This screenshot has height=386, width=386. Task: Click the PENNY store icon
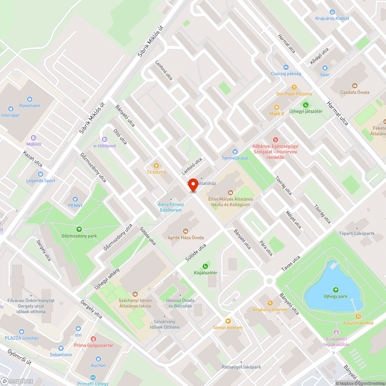[x=75, y=199]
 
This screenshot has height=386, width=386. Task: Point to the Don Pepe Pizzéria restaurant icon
[x=294, y=87]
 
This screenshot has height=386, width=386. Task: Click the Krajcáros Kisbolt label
[x=332, y=18]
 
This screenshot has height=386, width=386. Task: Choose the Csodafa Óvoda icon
[x=355, y=86]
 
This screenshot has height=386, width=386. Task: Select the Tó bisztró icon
[x=156, y=166]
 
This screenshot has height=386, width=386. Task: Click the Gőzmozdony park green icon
[x=79, y=229]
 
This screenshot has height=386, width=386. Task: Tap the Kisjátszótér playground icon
[x=205, y=266]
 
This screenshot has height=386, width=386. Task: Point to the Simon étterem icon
[x=228, y=321]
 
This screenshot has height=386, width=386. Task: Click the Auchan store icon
[x=98, y=359]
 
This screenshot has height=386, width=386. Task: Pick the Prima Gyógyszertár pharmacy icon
[x=93, y=339]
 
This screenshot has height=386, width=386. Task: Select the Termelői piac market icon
[x=235, y=151]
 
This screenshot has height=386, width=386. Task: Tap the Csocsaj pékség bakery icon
[x=286, y=67]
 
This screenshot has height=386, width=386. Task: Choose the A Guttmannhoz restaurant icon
[x=358, y=316]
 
